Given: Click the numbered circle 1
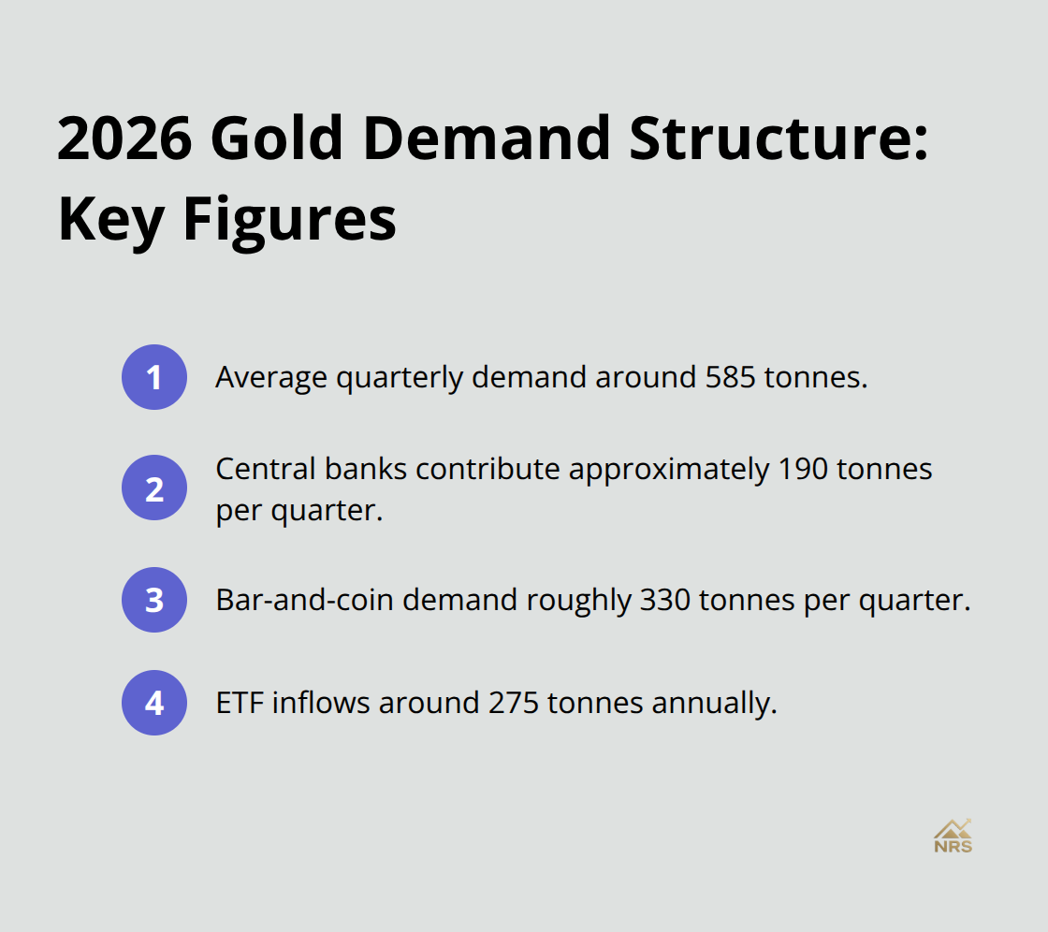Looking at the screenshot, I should click(154, 377).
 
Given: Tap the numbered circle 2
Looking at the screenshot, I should click(154, 488).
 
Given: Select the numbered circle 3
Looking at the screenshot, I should click(154, 600).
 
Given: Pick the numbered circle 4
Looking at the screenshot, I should click(154, 703).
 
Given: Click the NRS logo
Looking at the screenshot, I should click(953, 836).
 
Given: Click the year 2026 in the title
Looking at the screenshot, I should click(124, 138).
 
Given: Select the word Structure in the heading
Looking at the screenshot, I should click(778, 138).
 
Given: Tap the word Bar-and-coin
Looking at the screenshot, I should click(288, 600).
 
